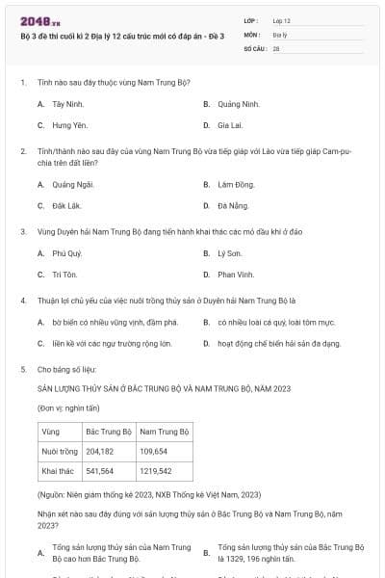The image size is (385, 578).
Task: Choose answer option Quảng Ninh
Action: pyautogui.click(x=238, y=103)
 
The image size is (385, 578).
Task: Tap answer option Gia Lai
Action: pyautogui.click(x=229, y=125)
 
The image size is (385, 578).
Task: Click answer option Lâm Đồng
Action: pyautogui.click(x=235, y=184)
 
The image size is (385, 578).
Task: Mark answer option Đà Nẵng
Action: pyautogui.click(x=232, y=206)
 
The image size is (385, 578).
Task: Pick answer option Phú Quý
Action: pyautogui.click(x=67, y=253)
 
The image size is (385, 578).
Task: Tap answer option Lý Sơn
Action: pyautogui.click(x=228, y=253)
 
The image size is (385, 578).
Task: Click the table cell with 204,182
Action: pyautogui.click(x=100, y=451)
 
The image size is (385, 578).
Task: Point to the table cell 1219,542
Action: pyautogui.click(x=155, y=471)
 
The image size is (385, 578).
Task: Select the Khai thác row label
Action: pyautogui.click(x=59, y=471)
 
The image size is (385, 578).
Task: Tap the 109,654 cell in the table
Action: pyautogui.click(x=154, y=451)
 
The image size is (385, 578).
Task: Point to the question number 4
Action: pyautogui.click(x=22, y=301)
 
